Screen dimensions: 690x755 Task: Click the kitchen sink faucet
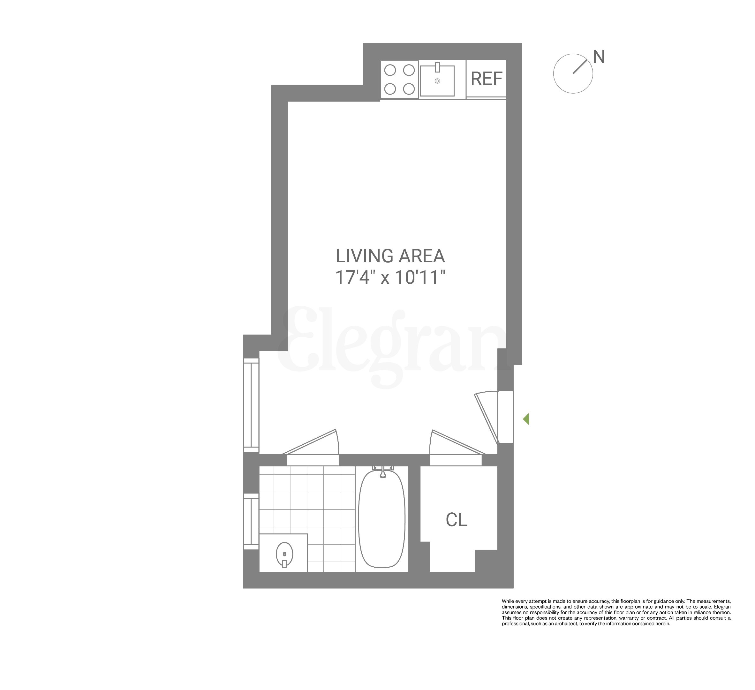coord(437,68)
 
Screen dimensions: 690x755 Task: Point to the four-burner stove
coord(400,80)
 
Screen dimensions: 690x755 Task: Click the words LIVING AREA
coord(390,256)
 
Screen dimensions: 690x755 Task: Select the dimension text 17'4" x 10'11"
coord(390,278)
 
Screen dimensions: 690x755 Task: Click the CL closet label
coord(457,520)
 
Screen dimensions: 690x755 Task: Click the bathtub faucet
coord(383,473)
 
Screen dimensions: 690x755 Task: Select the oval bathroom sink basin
coord(285,554)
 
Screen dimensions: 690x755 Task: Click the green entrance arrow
coord(526,419)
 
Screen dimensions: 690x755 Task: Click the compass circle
coord(573,74)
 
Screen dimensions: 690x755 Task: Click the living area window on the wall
coord(251,405)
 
